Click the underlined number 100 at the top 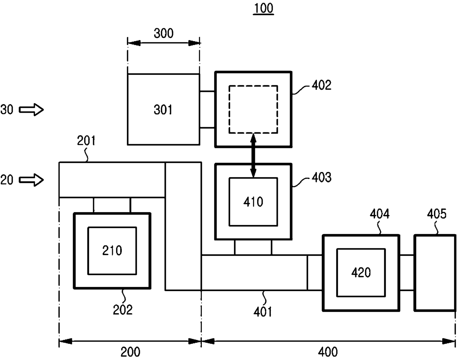[x=263, y=9]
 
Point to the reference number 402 [x=321, y=85]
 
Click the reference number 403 [x=321, y=177]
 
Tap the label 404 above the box [x=379, y=214]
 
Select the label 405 [x=437, y=214]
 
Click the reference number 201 [x=86, y=140]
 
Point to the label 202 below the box [x=122, y=310]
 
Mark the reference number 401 [x=263, y=312]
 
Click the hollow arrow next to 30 [x=31, y=110]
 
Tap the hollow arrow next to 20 [x=31, y=180]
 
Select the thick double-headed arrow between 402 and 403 [x=253, y=155]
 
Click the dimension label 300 [x=164, y=33]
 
